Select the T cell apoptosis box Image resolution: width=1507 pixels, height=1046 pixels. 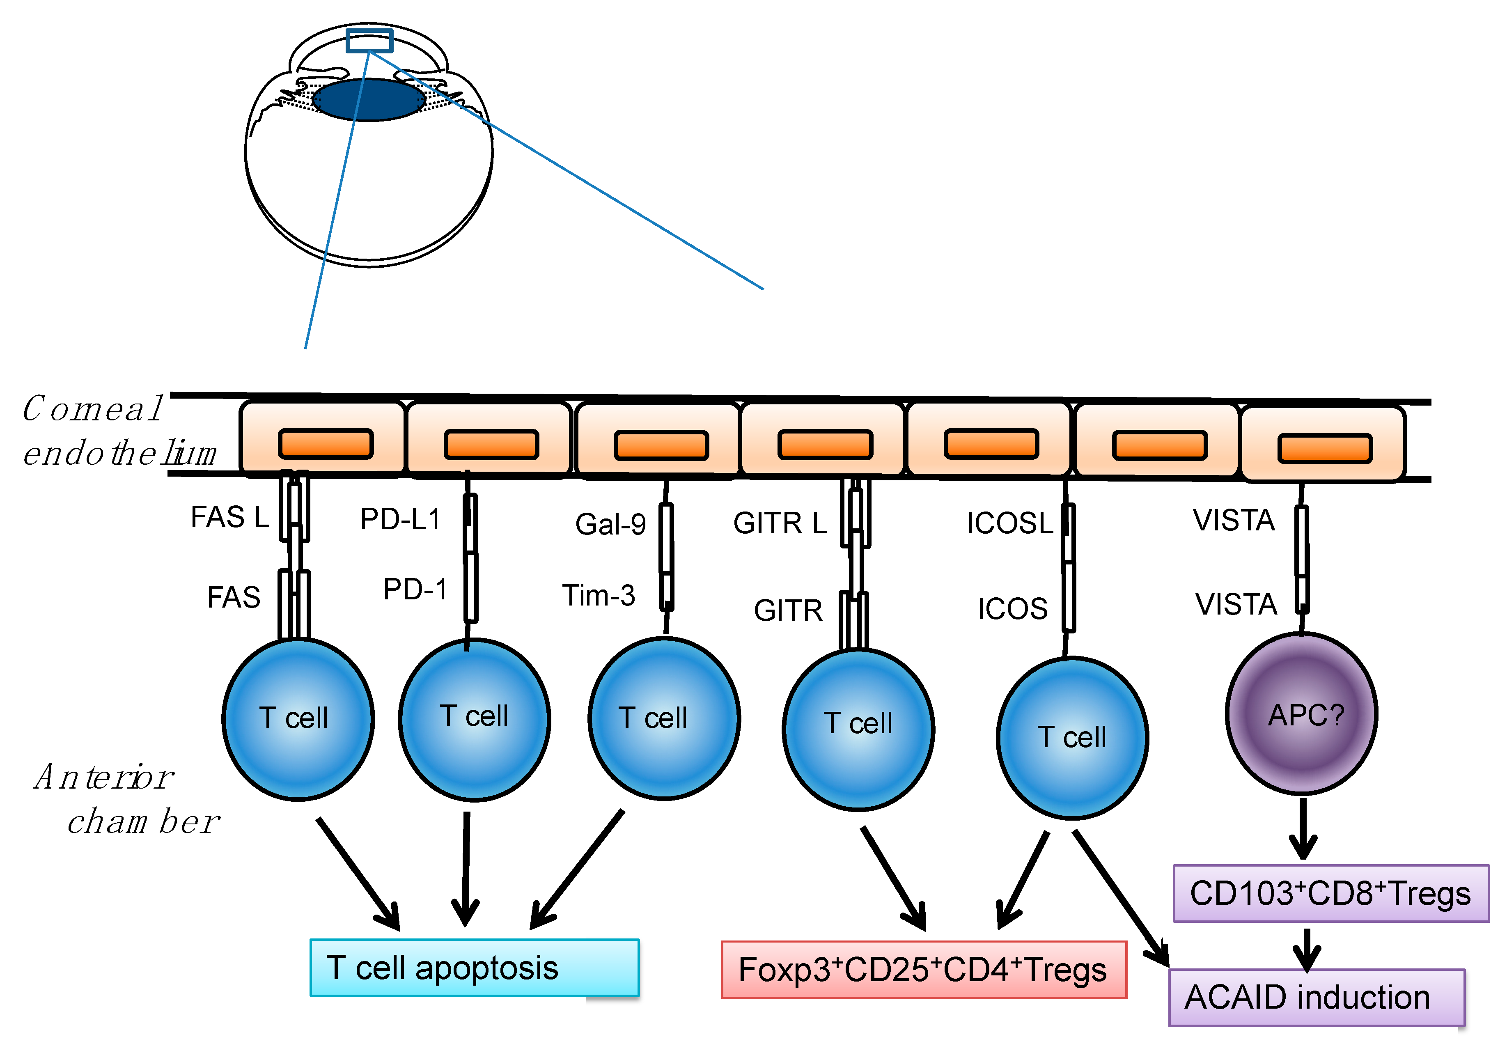pyautogui.click(x=474, y=967)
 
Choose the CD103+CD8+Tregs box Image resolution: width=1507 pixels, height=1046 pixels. pyautogui.click(x=1330, y=893)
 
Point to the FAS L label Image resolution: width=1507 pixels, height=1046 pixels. pyautogui.click(x=229, y=517)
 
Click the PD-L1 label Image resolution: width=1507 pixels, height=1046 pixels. pyautogui.click(x=400, y=519)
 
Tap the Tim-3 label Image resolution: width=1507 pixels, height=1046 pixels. pyautogui.click(x=598, y=596)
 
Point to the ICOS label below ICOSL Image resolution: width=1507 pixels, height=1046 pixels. pyautogui.click(x=1012, y=609)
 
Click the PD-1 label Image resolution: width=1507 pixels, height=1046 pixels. pyautogui.click(x=415, y=589)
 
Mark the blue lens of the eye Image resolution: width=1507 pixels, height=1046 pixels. pyautogui.click(x=368, y=100)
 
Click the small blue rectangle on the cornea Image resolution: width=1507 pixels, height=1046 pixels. pyautogui.click(x=369, y=41)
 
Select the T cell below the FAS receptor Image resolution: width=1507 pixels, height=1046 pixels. pyautogui.click(x=298, y=719)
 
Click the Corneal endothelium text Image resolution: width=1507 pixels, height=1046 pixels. pyautogui.click(x=118, y=431)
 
